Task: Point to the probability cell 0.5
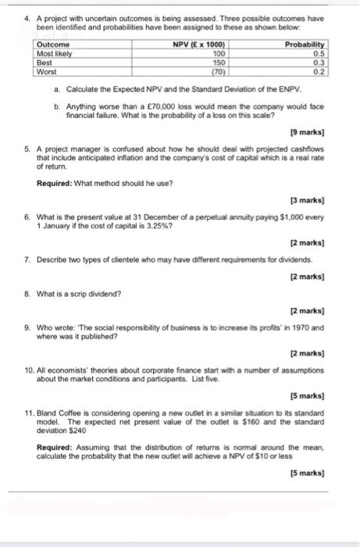point(318,54)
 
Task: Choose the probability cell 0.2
point(318,71)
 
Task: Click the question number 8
point(27,293)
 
